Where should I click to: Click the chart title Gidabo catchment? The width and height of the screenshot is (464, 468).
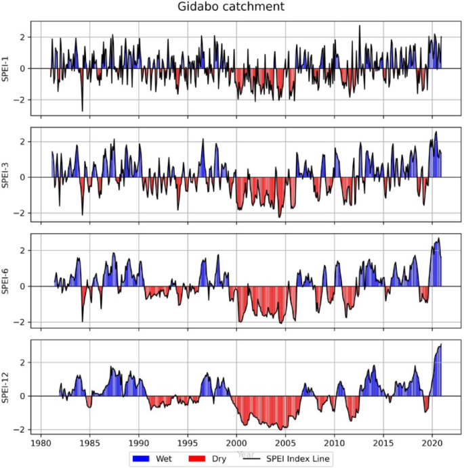click(x=232, y=7)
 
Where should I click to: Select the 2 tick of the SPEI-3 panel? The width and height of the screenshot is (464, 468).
click(x=26, y=141)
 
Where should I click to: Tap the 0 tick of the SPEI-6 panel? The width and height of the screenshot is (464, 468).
click(x=26, y=286)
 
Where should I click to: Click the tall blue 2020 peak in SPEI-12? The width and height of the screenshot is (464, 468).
click(x=440, y=346)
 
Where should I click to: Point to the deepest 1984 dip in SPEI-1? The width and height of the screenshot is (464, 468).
click(x=83, y=110)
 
